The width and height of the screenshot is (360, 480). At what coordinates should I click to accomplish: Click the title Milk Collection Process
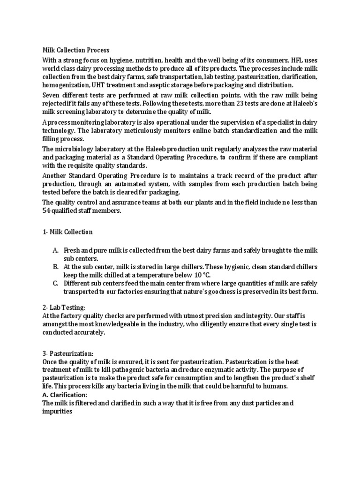pos(76,50)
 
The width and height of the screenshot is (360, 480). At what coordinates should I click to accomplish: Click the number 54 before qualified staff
pos(47,211)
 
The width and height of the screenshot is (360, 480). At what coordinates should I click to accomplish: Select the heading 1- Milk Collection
pos(67,232)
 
